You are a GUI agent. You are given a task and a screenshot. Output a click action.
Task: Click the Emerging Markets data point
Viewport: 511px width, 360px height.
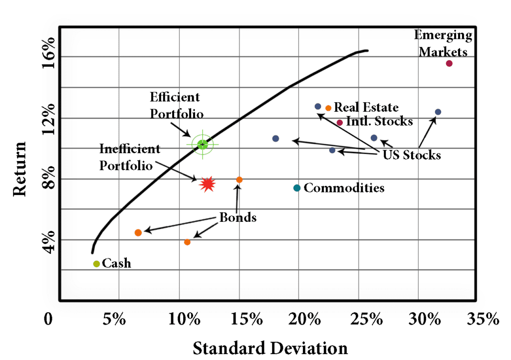[x=449, y=63]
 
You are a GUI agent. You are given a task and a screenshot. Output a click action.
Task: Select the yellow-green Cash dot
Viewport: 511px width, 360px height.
[x=96, y=264]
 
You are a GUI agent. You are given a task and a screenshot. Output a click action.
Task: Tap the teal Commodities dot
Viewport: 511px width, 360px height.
[x=297, y=188]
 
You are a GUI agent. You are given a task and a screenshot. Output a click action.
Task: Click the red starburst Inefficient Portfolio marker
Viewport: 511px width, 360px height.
[x=208, y=184]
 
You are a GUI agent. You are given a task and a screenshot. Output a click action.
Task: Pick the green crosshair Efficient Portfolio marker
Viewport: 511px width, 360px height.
[x=202, y=145]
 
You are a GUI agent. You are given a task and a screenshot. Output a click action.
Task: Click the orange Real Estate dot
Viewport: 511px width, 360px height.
[x=328, y=108]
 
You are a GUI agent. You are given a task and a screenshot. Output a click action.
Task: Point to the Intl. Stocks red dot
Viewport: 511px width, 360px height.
[x=340, y=123]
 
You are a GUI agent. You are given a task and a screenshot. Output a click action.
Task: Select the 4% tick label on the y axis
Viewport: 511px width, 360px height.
[x=48, y=242]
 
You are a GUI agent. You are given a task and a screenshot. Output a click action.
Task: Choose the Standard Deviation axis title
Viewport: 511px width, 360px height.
[x=270, y=347]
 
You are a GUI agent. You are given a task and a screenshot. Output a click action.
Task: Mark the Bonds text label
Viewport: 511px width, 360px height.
[x=238, y=218]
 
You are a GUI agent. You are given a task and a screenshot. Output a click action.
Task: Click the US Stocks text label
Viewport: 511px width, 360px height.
[x=412, y=155]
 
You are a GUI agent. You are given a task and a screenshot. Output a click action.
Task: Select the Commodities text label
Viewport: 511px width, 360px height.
[x=344, y=188]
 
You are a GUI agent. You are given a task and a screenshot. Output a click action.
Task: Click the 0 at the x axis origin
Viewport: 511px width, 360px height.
[x=48, y=319]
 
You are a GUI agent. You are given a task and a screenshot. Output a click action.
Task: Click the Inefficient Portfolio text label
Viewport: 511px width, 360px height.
[x=130, y=157]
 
